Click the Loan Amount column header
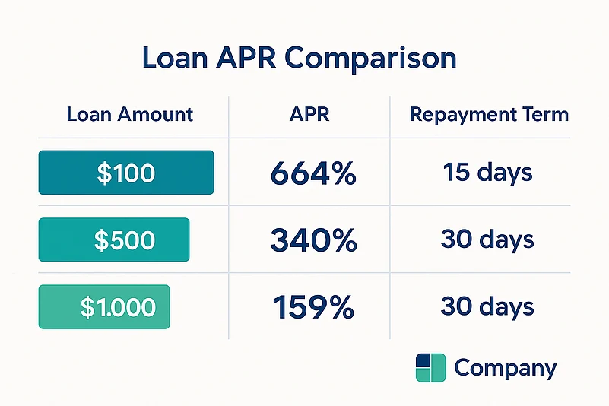click(130, 115)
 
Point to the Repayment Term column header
click(489, 115)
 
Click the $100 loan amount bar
click(126, 173)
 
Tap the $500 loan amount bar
click(114, 240)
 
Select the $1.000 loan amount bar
click(104, 307)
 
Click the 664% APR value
click(313, 174)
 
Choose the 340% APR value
click(313, 241)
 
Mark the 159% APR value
click(313, 308)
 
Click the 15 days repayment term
click(487, 173)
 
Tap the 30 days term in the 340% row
click(487, 240)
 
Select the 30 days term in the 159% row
click(487, 307)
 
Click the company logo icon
click(430, 368)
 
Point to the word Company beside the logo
click(505, 369)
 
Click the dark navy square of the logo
click(423, 360)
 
